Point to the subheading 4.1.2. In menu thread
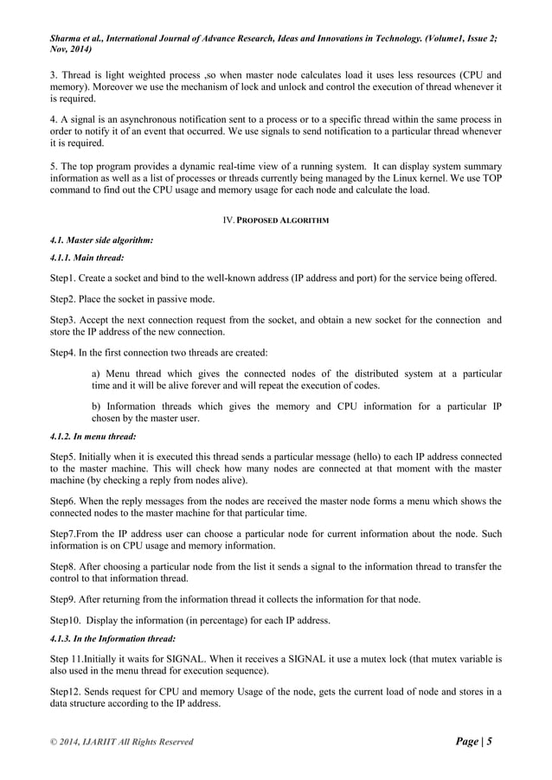tap(89, 437)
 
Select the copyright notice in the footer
tap(120, 742)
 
